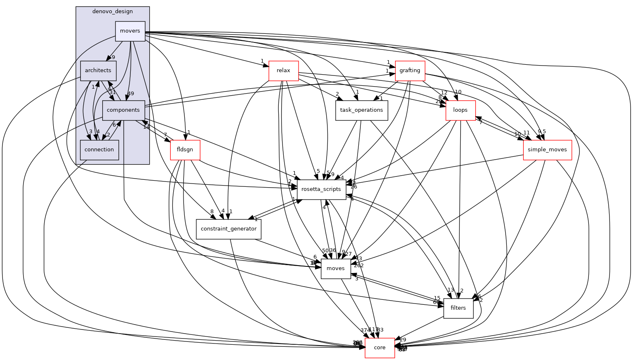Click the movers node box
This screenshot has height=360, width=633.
coord(130,31)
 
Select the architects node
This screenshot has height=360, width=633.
coord(98,71)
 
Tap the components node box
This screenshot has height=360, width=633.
coord(123,110)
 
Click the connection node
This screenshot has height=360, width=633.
coord(99,150)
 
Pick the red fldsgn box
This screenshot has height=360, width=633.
coord(185,150)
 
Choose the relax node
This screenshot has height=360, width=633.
coord(283,71)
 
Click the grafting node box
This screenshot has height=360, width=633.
coord(409,71)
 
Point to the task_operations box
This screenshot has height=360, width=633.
coord(361,110)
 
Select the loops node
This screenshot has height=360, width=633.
coord(460,110)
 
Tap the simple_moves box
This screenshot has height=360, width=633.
coord(547,150)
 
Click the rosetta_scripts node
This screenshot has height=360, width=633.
coord(321,189)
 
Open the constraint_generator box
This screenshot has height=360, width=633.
coord(228,229)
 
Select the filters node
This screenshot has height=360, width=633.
coord(458,308)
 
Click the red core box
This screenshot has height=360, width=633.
coord(379,348)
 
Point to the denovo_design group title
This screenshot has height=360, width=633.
coord(112,12)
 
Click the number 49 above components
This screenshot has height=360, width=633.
coord(131,94)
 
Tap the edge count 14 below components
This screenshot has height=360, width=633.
coord(146,127)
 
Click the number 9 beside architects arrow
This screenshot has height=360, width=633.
coord(113,57)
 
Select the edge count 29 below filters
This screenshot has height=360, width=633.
coord(403,340)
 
